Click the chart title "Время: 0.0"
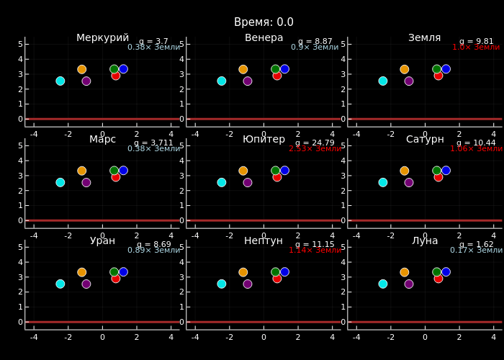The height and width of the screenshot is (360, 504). tap(264, 22)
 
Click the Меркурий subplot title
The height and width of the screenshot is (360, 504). tap(102, 38)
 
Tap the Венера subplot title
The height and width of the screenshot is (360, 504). tap(264, 38)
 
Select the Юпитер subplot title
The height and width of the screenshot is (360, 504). tap(264, 140)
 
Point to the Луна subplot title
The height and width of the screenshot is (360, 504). tap(425, 241)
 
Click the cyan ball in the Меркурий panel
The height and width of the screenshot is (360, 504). tap(60, 81)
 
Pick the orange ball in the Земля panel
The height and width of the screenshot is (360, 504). tap(404, 70)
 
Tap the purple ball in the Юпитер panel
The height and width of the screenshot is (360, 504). tap(248, 183)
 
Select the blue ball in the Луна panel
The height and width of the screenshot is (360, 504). tap(446, 272)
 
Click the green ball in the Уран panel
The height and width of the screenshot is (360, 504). tap(114, 272)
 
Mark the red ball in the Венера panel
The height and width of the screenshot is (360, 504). tap(277, 76)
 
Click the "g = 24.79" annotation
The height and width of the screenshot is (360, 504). tap(315, 143)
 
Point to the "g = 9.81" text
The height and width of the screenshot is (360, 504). tap(476, 42)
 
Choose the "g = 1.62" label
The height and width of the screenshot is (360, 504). tap(476, 245)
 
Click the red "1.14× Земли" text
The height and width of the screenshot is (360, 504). tap(315, 251)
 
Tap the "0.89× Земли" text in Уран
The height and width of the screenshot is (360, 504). tap(153, 251)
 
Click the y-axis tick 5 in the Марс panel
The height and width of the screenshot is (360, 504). tap(20, 145)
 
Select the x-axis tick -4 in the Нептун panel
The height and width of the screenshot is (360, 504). tap(195, 338)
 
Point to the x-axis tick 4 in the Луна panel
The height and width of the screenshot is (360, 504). tap(493, 338)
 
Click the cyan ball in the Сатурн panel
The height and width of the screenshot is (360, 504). tap(382, 182)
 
